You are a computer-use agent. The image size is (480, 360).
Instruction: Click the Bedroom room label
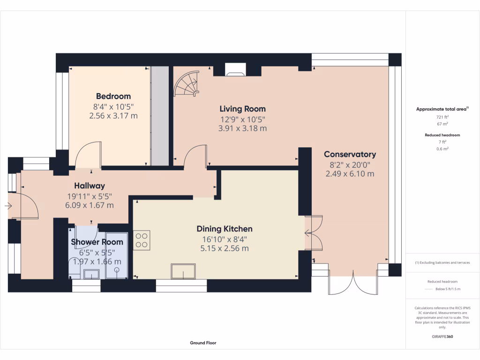[113, 97]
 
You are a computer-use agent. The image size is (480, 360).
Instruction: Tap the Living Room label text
[243, 109]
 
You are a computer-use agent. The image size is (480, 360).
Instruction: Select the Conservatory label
[350, 154]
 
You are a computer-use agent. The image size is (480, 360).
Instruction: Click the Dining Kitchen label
[225, 229]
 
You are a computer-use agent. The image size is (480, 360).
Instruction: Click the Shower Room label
[97, 242]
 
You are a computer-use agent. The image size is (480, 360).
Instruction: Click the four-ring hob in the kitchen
[142, 240]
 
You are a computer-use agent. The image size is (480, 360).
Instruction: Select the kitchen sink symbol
[183, 271]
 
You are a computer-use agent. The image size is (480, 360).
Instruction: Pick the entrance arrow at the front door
[8, 206]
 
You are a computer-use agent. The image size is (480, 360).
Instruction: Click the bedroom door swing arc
[87, 155]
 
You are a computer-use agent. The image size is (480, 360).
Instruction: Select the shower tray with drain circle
[117, 256]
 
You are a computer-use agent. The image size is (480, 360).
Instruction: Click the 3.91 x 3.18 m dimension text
[243, 128]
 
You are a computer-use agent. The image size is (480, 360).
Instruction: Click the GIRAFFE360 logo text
[442, 337]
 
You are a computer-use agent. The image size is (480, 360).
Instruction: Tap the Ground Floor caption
[203, 343]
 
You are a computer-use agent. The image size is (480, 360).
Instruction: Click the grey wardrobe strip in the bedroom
[159, 116]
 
